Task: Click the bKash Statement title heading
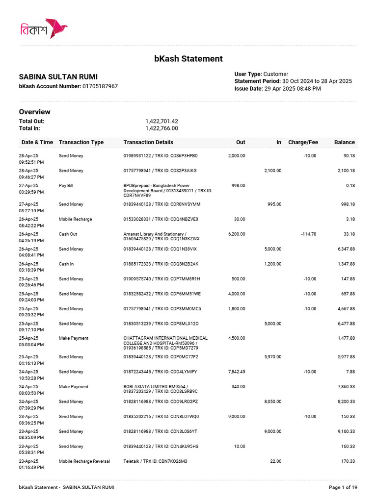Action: click(188, 59)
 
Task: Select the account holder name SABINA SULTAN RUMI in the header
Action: click(58, 77)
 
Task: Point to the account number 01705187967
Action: click(100, 86)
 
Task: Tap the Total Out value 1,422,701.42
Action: click(162, 121)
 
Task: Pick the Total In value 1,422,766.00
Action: click(162, 128)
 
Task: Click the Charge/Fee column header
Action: click(303, 142)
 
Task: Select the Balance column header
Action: click(344, 142)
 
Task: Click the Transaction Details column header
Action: click(148, 142)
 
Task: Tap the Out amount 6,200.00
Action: click(237, 234)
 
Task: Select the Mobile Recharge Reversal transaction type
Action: click(84, 461)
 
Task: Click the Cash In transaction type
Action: click(66, 264)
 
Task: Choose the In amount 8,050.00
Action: click(273, 402)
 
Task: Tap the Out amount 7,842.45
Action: click(237, 372)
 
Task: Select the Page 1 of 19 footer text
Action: click(343, 487)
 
